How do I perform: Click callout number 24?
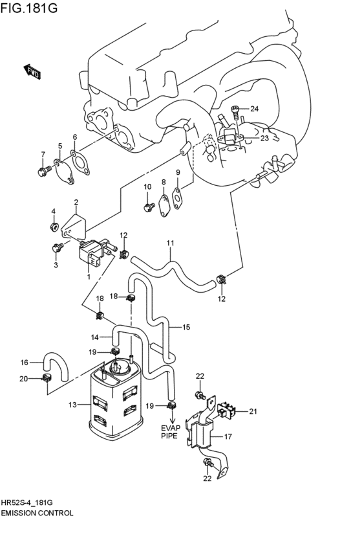pyautogui.click(x=254, y=109)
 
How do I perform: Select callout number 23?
pyautogui.click(x=264, y=138)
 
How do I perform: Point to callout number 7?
pyautogui.click(x=43, y=154)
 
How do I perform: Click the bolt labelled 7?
pyautogui.click(x=42, y=171)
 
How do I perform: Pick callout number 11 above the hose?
pyautogui.click(x=170, y=243)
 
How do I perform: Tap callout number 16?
pyautogui.click(x=24, y=363)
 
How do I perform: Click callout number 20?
pyautogui.click(x=24, y=379)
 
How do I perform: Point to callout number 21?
pyautogui.click(x=253, y=411)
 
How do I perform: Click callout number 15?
pyautogui.click(x=186, y=328)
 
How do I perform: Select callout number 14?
pyautogui.click(x=95, y=337)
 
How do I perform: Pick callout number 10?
pyautogui.click(x=147, y=187)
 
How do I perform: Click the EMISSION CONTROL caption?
pyautogui.click(x=37, y=512)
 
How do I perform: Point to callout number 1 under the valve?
pyautogui.click(x=89, y=276)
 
